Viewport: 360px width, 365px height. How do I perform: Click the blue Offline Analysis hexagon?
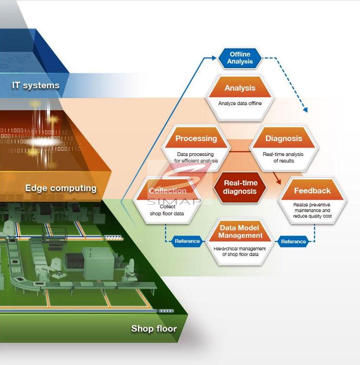240,58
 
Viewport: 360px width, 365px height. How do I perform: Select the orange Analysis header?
240,88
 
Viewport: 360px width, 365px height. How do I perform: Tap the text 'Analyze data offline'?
240,103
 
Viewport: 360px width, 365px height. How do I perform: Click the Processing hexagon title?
196,139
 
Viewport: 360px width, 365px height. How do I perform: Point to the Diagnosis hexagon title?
284,139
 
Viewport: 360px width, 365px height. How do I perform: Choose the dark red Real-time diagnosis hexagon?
240,187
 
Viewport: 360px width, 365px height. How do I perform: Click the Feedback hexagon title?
312,191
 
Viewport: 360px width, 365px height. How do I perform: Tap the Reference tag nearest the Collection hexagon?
187,241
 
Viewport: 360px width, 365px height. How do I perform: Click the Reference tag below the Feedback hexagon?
294,241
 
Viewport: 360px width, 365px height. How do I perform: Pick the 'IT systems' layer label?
36,85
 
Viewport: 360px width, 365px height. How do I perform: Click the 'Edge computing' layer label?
61,188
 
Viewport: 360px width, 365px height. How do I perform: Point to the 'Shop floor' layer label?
154,329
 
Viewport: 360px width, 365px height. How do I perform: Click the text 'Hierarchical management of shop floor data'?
240,252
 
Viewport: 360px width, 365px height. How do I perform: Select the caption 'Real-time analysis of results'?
283,158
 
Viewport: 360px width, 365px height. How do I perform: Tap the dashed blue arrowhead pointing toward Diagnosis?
305,110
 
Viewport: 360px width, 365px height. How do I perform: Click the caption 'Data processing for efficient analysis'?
196,158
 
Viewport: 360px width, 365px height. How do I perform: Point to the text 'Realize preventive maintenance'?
312,207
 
